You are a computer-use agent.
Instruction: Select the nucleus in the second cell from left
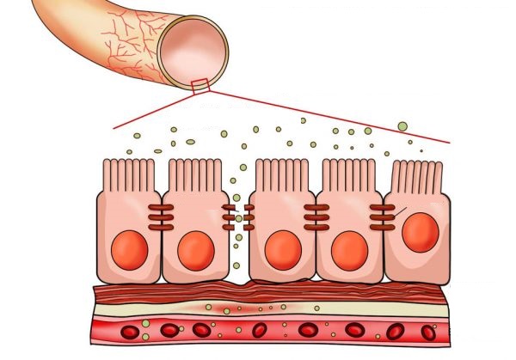click(194, 252)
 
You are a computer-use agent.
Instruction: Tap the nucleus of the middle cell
click(283, 250)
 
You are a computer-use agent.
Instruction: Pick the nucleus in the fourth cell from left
click(349, 250)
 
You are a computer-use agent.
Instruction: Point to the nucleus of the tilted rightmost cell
click(420, 233)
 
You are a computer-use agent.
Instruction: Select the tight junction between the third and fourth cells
click(316, 218)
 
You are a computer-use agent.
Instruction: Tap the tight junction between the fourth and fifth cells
click(383, 218)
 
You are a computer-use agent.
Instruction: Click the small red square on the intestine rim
click(200, 83)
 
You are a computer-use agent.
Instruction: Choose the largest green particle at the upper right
click(402, 126)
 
